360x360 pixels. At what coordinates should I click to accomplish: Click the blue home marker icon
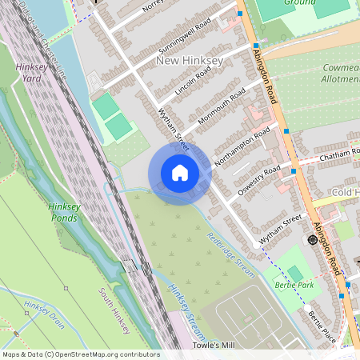(179, 172)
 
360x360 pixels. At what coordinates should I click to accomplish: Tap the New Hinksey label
(190, 61)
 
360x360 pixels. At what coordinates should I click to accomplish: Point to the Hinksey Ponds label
(64, 211)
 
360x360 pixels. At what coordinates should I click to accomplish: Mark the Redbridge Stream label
(231, 255)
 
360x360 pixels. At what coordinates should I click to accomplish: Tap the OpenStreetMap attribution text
(80, 354)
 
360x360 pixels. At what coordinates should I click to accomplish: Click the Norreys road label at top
(151, 7)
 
